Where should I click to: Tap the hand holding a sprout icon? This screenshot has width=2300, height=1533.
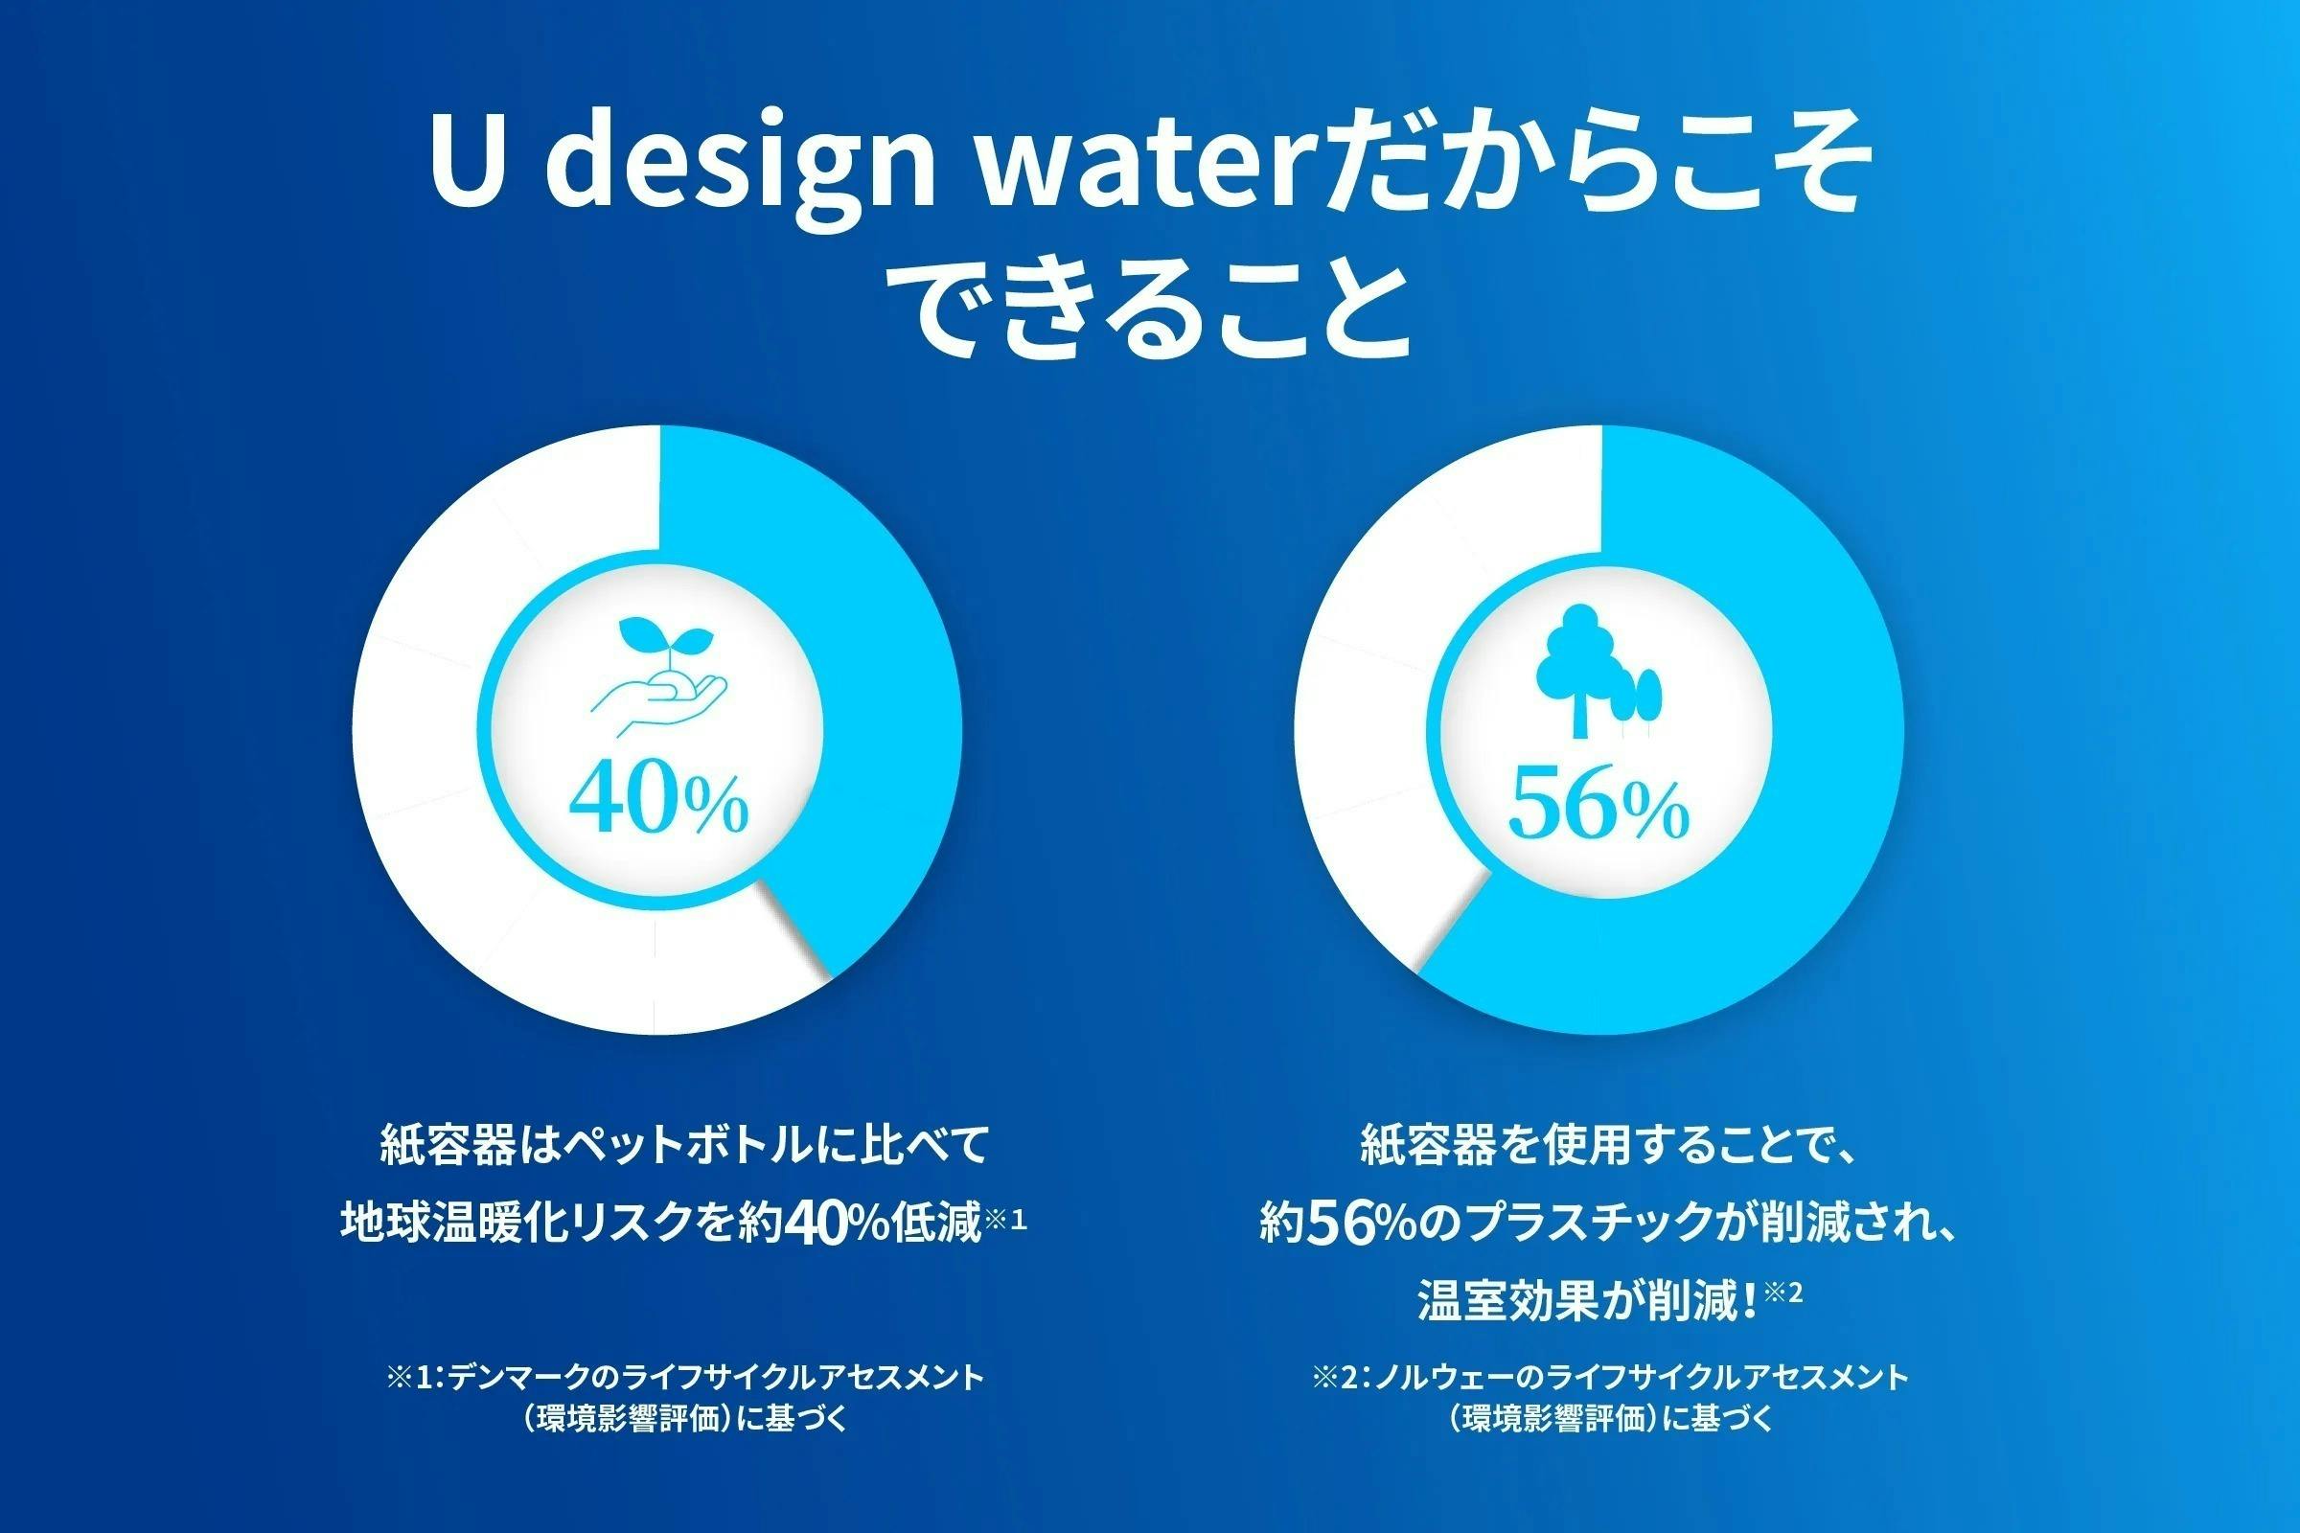tap(661, 684)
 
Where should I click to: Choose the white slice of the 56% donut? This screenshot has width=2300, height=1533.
tap(1369, 684)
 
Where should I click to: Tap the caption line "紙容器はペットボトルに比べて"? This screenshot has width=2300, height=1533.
tap(684, 1146)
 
